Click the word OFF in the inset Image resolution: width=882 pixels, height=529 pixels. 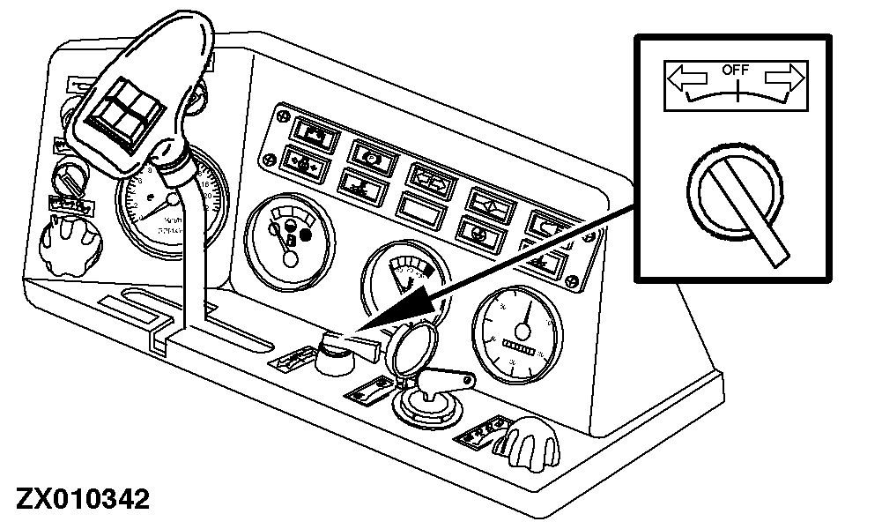point(734,68)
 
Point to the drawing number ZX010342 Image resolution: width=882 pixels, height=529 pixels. point(77,499)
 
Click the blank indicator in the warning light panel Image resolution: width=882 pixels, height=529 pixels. point(422,209)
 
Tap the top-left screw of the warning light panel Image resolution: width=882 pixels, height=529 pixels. point(283,115)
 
